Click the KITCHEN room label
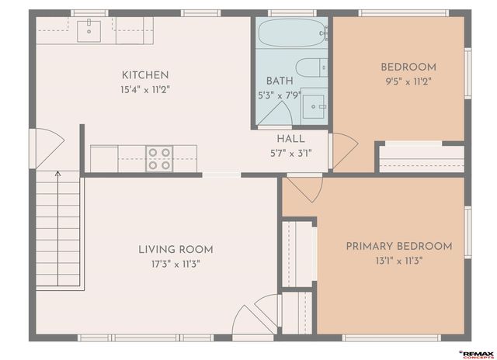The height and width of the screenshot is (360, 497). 145,75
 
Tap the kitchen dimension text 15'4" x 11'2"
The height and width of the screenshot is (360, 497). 145,89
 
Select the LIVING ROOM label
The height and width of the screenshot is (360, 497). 176,250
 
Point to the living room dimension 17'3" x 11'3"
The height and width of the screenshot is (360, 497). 176,264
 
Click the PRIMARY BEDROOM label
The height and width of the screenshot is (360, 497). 398,247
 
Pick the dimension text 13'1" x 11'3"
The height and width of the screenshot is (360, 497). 398,261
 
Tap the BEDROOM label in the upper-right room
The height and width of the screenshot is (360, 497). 408,67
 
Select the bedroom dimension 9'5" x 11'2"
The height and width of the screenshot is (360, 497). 408,81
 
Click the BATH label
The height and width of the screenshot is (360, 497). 279,81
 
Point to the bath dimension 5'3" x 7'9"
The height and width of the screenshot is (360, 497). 279,95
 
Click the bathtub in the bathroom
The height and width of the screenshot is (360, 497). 292,33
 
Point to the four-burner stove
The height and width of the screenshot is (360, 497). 159,158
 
